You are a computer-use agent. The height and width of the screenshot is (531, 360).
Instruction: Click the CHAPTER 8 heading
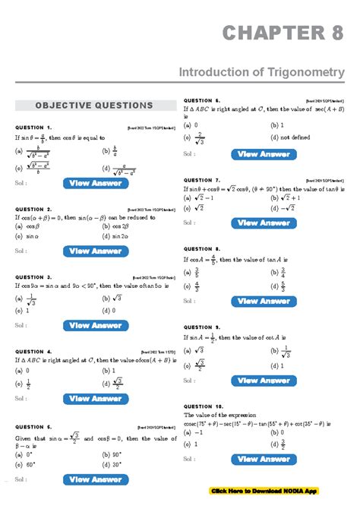[x=283, y=34]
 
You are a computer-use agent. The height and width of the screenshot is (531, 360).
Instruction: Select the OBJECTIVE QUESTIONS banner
[x=94, y=106]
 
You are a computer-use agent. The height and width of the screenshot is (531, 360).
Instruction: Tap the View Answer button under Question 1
[x=96, y=183]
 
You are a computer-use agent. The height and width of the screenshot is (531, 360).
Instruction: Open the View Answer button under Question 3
[x=96, y=326]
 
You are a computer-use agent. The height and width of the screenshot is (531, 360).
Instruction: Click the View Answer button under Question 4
[x=96, y=399]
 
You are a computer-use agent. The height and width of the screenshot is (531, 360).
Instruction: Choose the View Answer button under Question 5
[x=96, y=479]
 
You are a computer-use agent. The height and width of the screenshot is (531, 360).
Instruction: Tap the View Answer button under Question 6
[x=264, y=154]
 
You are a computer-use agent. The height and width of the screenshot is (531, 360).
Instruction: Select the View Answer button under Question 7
[x=264, y=223]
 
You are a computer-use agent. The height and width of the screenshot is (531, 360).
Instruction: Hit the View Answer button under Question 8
[x=264, y=301]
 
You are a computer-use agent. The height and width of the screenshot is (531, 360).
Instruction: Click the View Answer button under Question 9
[x=264, y=380]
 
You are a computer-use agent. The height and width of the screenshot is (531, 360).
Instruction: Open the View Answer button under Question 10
[x=264, y=459]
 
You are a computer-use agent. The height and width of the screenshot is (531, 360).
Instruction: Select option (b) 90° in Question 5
[x=111, y=454]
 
